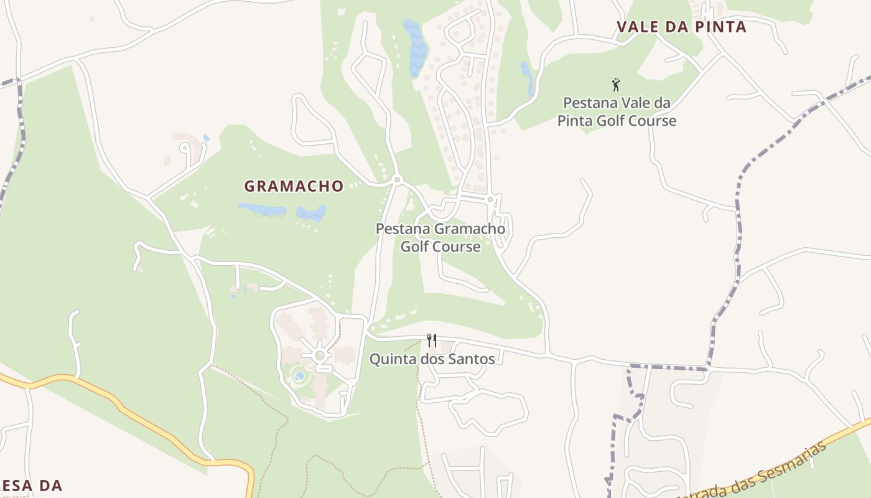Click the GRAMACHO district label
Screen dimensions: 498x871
tap(294, 186)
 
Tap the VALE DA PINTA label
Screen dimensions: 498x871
tap(681, 27)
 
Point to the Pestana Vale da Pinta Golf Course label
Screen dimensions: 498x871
tap(617, 112)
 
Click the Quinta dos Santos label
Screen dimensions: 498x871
tap(432, 359)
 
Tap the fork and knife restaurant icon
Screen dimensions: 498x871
tap(431, 340)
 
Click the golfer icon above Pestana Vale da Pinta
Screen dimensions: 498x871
tap(616, 85)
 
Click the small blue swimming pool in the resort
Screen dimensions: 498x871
tap(299, 376)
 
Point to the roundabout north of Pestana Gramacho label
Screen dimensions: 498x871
tap(398, 180)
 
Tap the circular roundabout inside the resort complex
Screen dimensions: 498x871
tap(320, 355)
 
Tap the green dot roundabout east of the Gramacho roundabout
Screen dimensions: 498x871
tap(490, 199)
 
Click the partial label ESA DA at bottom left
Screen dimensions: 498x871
tap(31, 486)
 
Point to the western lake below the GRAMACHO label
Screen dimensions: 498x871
tap(262, 209)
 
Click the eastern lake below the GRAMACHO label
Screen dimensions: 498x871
tap(311, 214)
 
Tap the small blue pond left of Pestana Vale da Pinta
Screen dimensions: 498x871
tap(527, 78)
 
